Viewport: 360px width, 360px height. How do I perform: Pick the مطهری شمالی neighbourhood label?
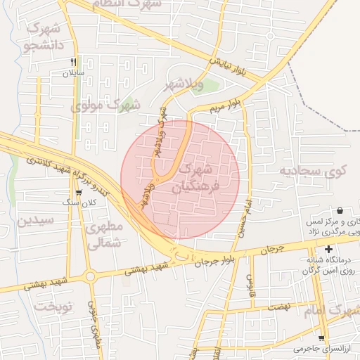click(x=103, y=235)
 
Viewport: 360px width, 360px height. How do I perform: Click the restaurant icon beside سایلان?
click(x=73, y=62)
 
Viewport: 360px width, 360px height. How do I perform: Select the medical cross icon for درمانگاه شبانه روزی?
click(x=328, y=249)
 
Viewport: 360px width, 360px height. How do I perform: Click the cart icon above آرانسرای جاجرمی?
click(x=321, y=337)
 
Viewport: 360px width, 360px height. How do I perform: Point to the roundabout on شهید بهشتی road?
click(x=90, y=275)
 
